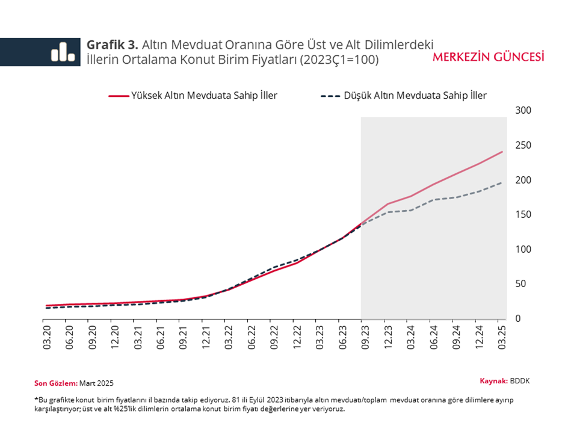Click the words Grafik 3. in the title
[113, 45]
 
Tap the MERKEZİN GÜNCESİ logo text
[488, 57]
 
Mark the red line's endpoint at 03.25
[502, 152]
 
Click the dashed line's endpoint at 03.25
[502, 182]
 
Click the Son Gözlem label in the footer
[56, 383]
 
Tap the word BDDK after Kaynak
[520, 381]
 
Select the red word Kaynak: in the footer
[493, 381]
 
